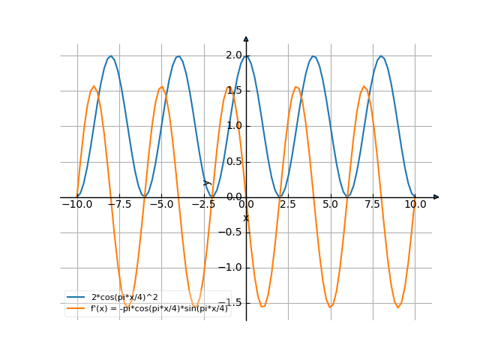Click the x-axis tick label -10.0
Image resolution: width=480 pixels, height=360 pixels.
(x=76, y=204)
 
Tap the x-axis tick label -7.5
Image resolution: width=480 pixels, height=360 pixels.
(x=119, y=204)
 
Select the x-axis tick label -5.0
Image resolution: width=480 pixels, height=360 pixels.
(x=161, y=204)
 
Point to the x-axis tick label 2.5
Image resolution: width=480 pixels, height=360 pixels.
(x=289, y=204)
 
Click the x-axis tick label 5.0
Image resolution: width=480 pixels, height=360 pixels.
(x=331, y=204)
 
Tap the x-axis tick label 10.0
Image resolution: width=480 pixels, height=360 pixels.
(x=415, y=204)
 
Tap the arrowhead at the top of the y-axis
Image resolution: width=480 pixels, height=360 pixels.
(x=246, y=38)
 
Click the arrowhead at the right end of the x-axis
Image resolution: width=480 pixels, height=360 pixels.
(x=436, y=197)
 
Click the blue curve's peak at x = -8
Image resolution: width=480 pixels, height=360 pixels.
(x=111, y=56)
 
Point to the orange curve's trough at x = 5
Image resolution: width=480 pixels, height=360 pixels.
(x=331, y=307)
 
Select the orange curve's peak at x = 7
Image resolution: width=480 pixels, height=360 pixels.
(x=364, y=86)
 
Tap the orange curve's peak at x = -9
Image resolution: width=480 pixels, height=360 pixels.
(x=94, y=86)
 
